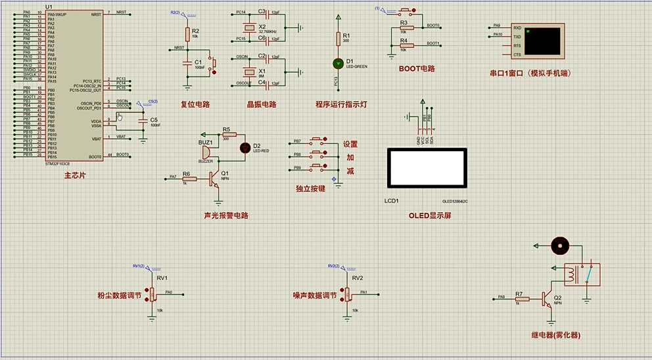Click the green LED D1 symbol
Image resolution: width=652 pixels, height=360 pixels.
[x=338, y=63]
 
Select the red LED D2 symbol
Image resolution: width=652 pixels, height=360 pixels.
[x=246, y=147]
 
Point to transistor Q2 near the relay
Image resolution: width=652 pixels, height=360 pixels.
[x=547, y=299]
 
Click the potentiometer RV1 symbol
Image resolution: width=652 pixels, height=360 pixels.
[x=152, y=294]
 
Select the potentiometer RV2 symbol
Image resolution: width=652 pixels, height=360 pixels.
[x=348, y=294]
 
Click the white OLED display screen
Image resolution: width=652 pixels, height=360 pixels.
[x=428, y=168]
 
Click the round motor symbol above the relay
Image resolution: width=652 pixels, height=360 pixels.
[x=560, y=246]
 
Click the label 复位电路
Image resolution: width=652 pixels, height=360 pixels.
[x=195, y=104]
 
